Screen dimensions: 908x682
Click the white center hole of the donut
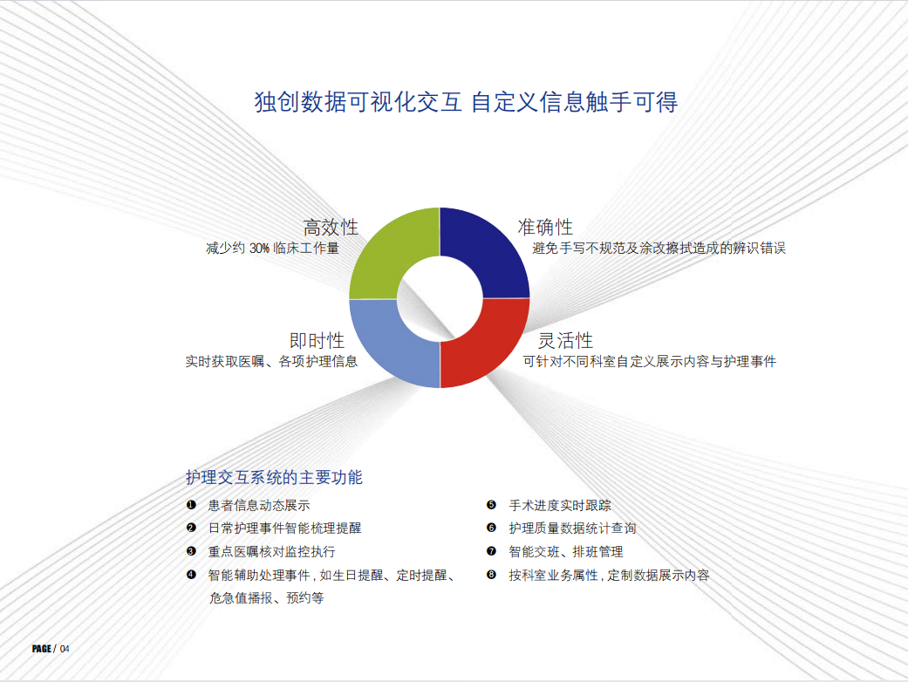(440, 298)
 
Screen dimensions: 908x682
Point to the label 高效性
(331, 228)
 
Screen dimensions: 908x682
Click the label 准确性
(545, 227)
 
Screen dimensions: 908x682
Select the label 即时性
(317, 340)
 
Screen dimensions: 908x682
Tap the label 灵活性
(566, 340)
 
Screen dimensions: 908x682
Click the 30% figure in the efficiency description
(259, 249)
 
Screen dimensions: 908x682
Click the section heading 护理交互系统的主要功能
(274, 478)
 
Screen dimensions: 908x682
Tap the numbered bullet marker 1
(191, 505)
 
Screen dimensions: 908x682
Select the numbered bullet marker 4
(191, 575)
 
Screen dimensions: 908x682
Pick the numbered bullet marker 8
(492, 575)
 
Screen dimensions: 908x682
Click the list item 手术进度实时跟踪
(560, 506)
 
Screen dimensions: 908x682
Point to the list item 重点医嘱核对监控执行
(271, 552)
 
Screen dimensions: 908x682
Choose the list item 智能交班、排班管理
(566, 552)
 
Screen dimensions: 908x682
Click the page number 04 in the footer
(65, 649)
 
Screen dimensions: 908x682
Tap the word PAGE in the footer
(42, 649)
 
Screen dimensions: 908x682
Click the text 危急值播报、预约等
(266, 598)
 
